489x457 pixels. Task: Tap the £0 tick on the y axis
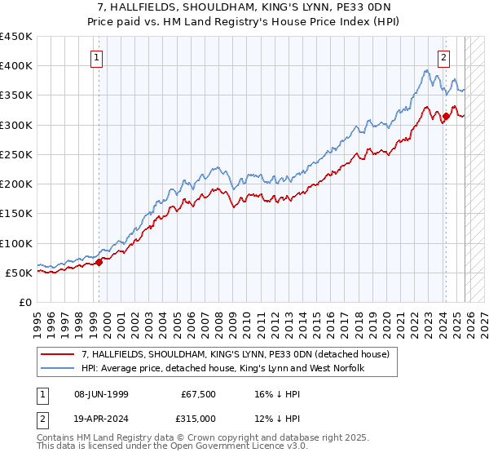[25, 303]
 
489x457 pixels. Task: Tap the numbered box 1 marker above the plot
[97, 58]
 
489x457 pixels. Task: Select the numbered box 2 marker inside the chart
[444, 58]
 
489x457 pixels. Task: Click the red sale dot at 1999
[99, 263]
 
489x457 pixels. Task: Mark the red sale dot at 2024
[446, 117]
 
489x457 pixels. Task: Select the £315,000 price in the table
[199, 419]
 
